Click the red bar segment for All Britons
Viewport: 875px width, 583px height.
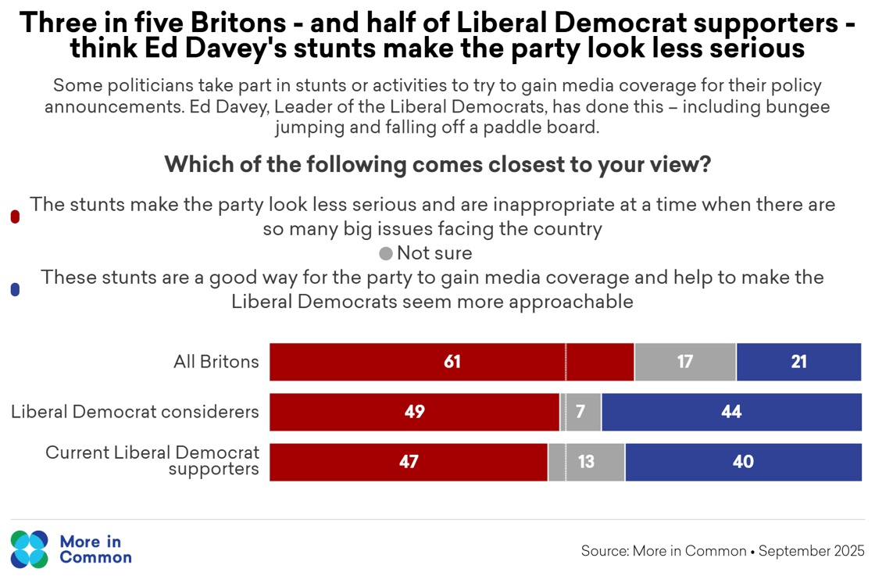[452, 362]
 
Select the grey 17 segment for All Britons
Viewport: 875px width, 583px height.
[685, 362]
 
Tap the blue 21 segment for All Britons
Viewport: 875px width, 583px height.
[798, 362]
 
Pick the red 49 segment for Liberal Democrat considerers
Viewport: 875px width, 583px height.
[415, 412]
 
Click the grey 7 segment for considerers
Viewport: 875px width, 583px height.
[581, 412]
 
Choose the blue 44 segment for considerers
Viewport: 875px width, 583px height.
[731, 412]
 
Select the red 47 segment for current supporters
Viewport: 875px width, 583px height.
[409, 462]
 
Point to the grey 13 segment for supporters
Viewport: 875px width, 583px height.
[586, 462]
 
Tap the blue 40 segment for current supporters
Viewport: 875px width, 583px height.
[743, 462]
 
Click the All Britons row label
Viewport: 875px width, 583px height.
[216, 362]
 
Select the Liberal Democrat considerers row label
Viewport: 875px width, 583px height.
[134, 412]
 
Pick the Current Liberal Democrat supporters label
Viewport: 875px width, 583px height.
[152, 461]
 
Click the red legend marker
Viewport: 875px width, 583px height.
[15, 217]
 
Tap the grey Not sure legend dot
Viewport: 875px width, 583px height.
[386, 254]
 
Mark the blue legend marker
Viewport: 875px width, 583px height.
[15, 290]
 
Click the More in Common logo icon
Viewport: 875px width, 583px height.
[30, 549]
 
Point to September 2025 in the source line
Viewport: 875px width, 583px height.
[812, 551]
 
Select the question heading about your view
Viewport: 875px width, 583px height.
[437, 166]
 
